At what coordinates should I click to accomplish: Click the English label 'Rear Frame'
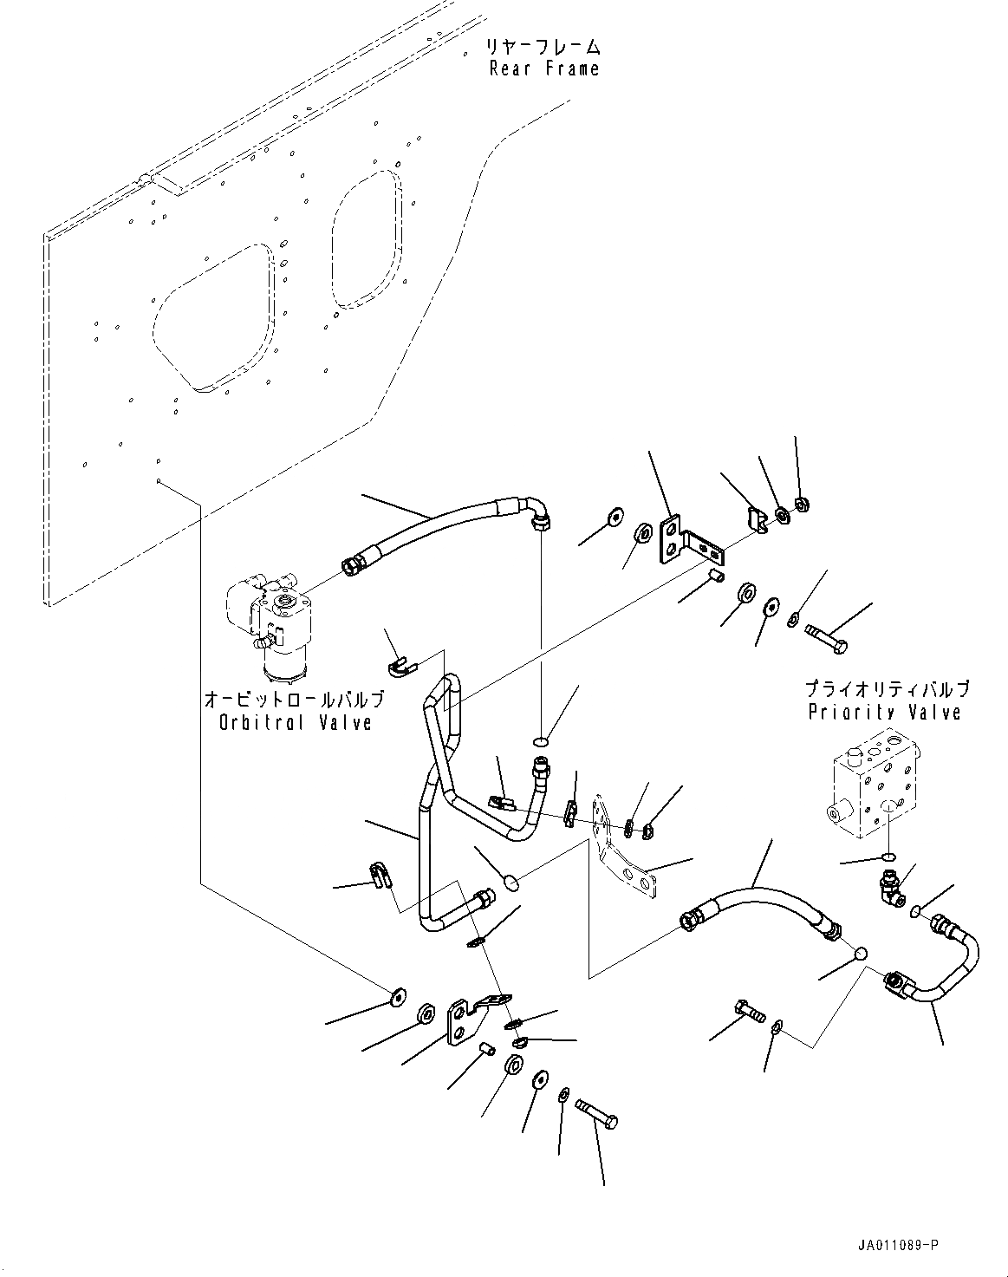click(x=544, y=68)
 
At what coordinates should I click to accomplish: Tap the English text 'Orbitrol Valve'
click(x=295, y=721)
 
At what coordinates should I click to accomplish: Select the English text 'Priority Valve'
click(x=884, y=712)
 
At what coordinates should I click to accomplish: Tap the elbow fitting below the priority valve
click(x=887, y=884)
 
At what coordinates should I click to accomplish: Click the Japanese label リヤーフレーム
click(x=544, y=46)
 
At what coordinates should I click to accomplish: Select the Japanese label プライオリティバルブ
click(x=886, y=690)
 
